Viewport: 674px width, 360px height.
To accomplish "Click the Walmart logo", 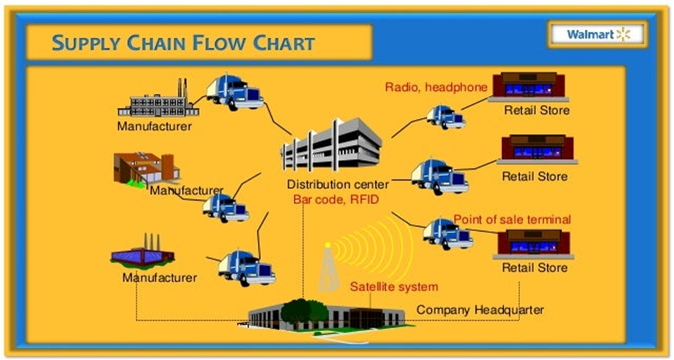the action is click(x=598, y=34).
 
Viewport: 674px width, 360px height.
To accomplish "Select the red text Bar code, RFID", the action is click(x=336, y=199).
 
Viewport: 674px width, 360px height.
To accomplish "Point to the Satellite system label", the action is click(x=394, y=286).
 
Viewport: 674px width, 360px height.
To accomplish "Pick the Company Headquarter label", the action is click(x=479, y=310).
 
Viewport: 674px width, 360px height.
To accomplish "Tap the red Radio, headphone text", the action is click(x=436, y=87).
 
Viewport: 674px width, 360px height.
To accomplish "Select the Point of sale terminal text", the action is click(x=512, y=219).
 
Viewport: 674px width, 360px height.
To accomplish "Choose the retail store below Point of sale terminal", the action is click(x=533, y=244).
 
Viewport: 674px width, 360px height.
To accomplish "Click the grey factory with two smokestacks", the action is click(x=158, y=101).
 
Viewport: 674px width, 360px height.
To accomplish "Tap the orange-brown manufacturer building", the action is click(x=146, y=169).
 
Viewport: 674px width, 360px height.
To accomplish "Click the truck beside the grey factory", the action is click(x=235, y=92).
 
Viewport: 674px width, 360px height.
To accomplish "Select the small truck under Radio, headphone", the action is click(x=446, y=117).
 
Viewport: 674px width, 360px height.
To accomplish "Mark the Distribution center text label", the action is click(x=338, y=184).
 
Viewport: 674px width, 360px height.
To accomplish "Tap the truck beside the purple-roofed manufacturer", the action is click(x=246, y=268).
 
